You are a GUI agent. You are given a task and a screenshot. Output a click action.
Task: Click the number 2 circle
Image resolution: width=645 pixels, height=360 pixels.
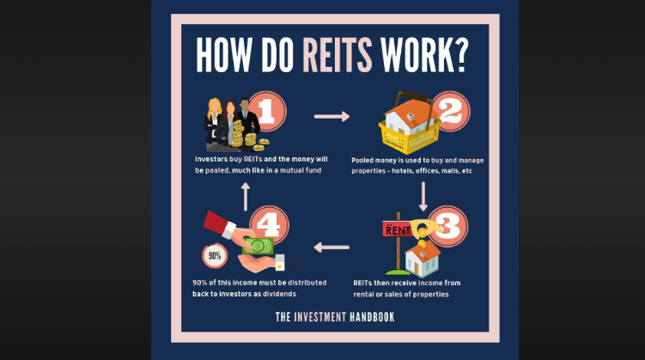pos(449,112)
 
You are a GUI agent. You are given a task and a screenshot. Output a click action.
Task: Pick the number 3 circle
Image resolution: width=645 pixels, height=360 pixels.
pos(447,225)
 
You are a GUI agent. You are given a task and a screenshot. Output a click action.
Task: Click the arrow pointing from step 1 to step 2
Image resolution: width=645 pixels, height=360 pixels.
pos(332,115)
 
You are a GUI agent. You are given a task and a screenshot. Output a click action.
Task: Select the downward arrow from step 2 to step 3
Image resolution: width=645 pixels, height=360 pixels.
pos(423,195)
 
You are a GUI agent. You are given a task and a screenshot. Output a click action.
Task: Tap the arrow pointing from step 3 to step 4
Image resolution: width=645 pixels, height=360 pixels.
pos(332,247)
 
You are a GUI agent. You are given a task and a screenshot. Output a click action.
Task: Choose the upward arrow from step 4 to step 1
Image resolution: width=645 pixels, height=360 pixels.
pos(246,196)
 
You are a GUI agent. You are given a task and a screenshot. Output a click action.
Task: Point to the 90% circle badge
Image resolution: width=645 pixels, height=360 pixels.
pos(215,255)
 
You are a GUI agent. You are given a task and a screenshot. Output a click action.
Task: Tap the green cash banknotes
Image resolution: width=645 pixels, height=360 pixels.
pos(259,246)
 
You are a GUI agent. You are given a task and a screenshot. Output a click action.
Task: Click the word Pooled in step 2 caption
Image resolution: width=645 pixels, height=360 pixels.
pos(364,161)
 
